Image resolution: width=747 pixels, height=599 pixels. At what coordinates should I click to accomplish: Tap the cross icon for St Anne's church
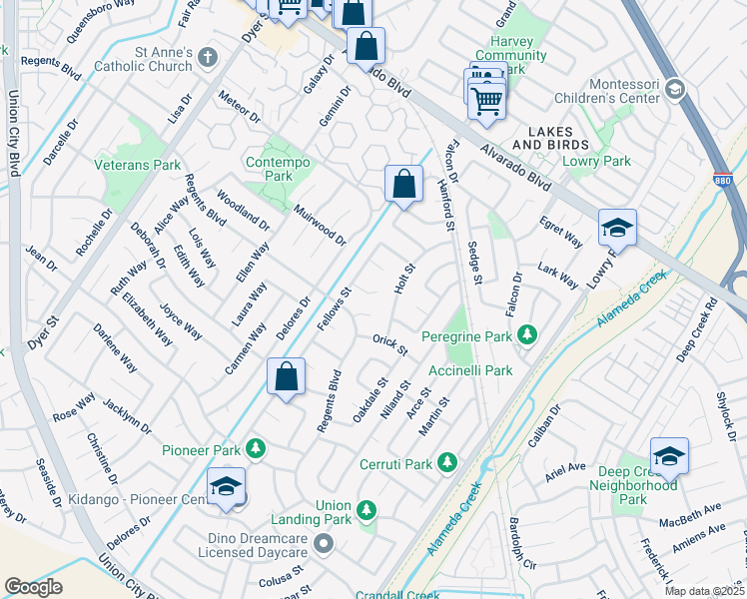tap(208, 56)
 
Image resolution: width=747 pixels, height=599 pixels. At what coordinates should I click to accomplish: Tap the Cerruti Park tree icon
tap(446, 463)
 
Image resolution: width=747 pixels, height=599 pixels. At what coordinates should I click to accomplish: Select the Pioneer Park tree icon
tap(257, 448)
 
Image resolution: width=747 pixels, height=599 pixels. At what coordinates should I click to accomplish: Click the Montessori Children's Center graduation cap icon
tap(674, 91)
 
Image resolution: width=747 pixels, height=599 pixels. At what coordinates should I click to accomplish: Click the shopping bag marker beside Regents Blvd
tap(286, 377)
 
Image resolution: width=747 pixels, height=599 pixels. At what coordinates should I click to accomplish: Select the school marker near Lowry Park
tap(617, 229)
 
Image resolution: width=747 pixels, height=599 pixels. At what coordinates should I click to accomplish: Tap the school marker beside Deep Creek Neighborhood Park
tap(669, 457)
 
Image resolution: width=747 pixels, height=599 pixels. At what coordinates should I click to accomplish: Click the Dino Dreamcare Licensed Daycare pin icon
tap(323, 544)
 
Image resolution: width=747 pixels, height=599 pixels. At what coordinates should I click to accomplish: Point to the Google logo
tap(33, 587)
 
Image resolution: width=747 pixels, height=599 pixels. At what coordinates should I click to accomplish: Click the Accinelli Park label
tap(470, 370)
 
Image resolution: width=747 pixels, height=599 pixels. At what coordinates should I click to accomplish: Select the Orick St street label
tap(390, 344)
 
